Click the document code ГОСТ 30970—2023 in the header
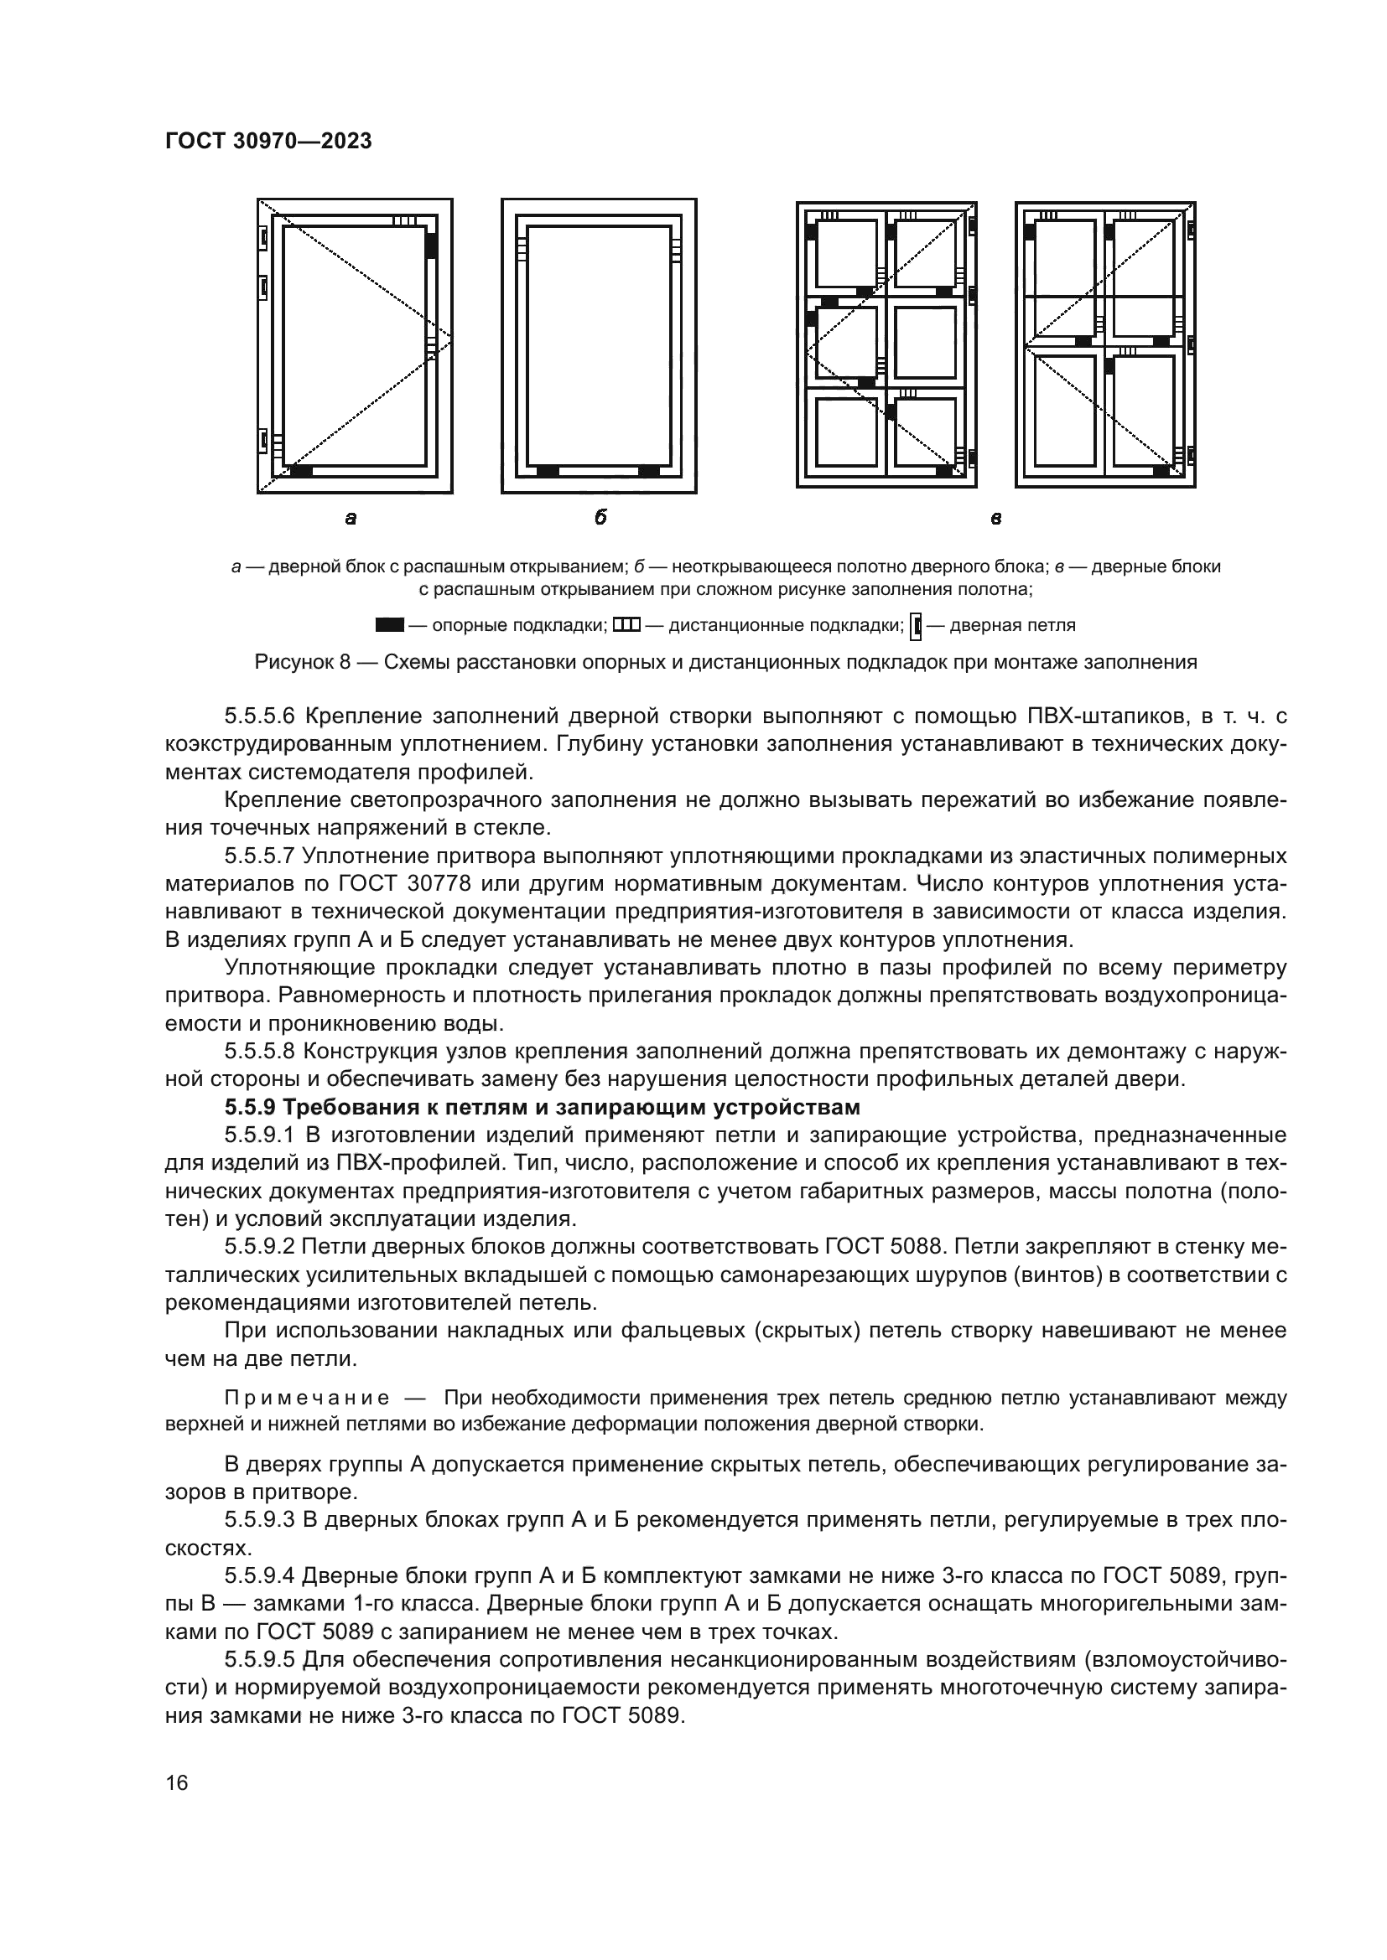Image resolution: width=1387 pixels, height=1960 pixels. click(268, 142)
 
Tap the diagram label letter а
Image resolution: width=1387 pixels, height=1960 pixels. click(351, 518)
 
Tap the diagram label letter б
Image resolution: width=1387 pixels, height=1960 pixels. click(600, 518)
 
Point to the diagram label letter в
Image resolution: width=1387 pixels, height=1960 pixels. click(995, 518)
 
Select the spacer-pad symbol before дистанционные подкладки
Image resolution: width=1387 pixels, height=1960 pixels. click(626, 625)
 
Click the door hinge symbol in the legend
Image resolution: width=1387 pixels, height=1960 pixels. click(917, 626)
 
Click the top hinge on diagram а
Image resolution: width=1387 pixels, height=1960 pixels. click(264, 238)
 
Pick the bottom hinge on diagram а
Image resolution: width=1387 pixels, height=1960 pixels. click(264, 442)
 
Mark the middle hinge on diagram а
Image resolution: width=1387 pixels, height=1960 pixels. click(264, 289)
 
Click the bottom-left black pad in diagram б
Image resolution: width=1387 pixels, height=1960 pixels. click(548, 471)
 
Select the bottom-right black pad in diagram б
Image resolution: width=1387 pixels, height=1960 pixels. click(649, 471)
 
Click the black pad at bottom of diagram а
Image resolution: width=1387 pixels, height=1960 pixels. click(301, 471)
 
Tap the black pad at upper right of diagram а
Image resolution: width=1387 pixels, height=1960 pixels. click(431, 246)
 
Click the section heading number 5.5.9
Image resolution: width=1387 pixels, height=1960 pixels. click(251, 1108)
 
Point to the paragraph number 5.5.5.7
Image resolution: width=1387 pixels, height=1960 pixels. click(260, 856)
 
